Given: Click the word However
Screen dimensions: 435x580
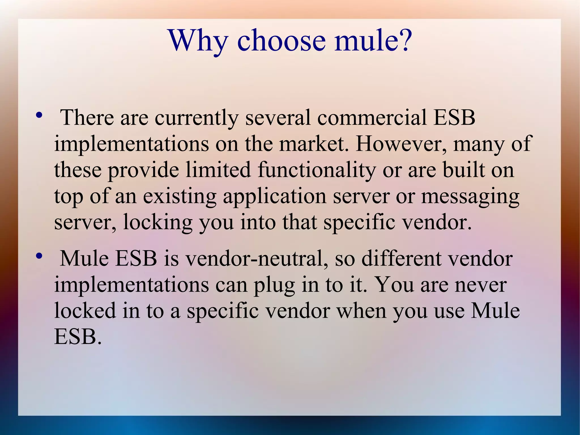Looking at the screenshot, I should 401,143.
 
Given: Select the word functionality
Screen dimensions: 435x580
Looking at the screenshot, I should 317,170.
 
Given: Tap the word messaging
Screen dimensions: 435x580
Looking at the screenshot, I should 470,196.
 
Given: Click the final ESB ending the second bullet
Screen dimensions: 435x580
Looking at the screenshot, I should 77,337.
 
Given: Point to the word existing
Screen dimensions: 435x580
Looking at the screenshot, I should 180,196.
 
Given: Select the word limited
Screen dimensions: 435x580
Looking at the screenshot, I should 218,170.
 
